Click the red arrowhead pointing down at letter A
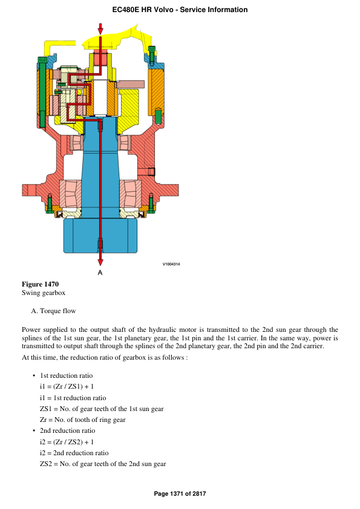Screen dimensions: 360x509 point(100,261)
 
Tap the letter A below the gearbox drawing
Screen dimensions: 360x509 point(100,273)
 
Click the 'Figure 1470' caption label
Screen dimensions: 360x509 point(40,284)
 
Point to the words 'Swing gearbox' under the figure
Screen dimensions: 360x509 point(43,293)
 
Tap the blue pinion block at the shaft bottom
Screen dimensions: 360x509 point(100,235)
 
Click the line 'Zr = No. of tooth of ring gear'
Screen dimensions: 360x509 point(82,420)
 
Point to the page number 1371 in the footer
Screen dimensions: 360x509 point(178,494)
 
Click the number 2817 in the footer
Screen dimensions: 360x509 point(199,494)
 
